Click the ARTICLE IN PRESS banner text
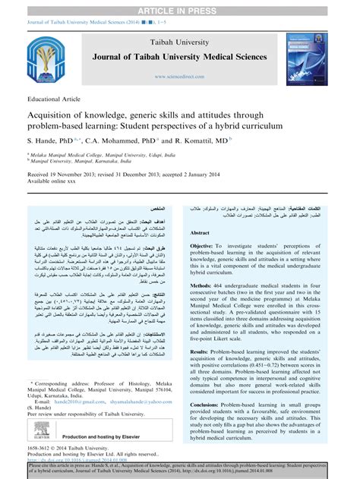click(x=180, y=6)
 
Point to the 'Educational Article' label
click(x=53, y=100)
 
